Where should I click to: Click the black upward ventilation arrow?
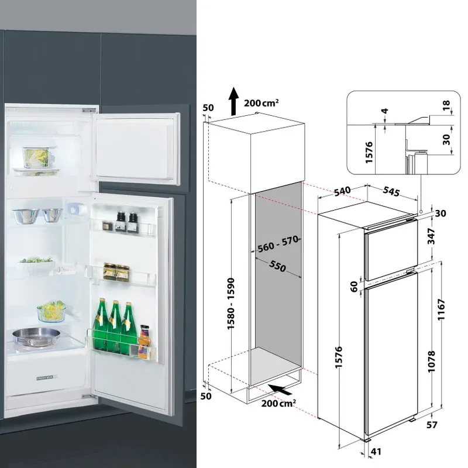tap(233, 101)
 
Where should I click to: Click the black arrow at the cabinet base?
tap(280, 389)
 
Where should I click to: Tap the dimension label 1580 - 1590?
tap(231, 304)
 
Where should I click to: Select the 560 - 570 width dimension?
tap(278, 244)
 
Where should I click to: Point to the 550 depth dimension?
tap(277, 266)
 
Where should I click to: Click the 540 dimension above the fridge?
tap(342, 191)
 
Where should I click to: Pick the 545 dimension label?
tap(391, 192)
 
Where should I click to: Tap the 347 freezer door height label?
tap(431, 236)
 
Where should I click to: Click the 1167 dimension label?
tap(442, 309)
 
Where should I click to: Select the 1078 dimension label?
tap(431, 362)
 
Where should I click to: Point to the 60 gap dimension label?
tap(354, 287)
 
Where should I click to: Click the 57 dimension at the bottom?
tap(432, 425)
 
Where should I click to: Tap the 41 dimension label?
tap(376, 452)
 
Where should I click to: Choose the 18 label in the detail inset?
tap(446, 105)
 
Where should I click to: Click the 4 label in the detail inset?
tap(385, 111)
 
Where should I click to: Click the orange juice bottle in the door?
tap(144, 341)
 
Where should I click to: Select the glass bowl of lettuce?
tap(51, 311)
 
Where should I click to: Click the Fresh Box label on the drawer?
tap(46, 378)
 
